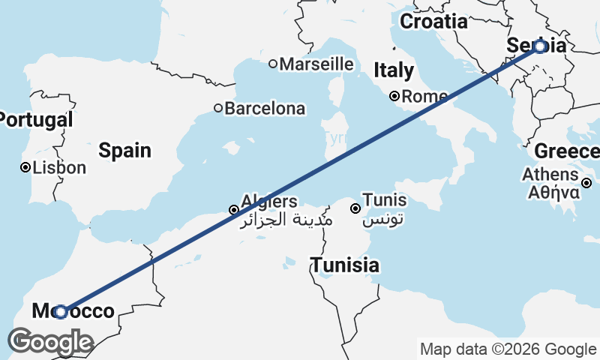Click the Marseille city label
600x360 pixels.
(x=316, y=64)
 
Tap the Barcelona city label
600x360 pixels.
(x=265, y=109)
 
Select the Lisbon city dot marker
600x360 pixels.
(x=25, y=168)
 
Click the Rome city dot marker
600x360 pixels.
(x=394, y=96)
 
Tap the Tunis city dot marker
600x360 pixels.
(x=355, y=208)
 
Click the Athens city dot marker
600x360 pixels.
(x=586, y=182)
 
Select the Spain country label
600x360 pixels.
(x=124, y=151)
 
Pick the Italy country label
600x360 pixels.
(x=394, y=71)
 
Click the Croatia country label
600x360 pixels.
(x=433, y=22)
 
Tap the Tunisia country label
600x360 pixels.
(x=345, y=265)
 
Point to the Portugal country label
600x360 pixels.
(x=36, y=119)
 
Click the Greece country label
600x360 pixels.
(x=566, y=151)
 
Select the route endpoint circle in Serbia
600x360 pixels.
(x=541, y=46)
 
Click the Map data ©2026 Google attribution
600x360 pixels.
(x=508, y=349)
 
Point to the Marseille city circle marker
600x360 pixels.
(x=273, y=64)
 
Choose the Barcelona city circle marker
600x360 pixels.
(x=218, y=109)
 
